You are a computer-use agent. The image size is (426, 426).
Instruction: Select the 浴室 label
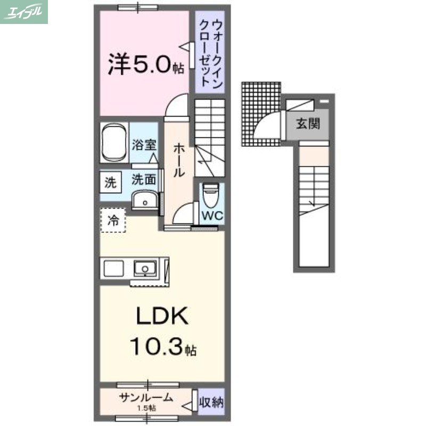coord(144,143)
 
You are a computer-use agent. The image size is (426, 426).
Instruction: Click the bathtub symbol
coord(113,142)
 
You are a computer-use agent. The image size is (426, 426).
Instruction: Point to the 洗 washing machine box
coord(110,183)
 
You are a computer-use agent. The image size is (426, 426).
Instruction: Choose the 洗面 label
coord(144,180)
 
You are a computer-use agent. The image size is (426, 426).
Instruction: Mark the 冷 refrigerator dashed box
coord(113,219)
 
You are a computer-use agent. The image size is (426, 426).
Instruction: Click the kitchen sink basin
coord(143,268)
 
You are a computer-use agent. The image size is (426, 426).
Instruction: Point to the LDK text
coord(161,317)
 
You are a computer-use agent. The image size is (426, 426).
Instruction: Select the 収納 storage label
coord(211,401)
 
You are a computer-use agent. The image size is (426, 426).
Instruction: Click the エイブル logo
coord(24,12)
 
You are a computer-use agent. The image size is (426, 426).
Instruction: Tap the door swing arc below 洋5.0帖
coord(176,104)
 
